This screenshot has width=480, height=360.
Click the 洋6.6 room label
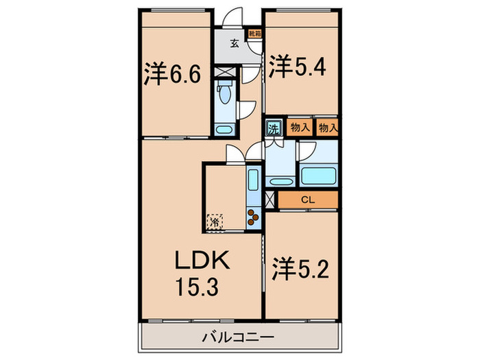click(x=172, y=74)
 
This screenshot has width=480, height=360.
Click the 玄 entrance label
click(x=235, y=44)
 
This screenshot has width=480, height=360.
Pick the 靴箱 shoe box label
click(x=254, y=32)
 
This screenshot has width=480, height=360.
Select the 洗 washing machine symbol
click(x=274, y=128)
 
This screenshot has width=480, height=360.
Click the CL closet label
click(x=308, y=200)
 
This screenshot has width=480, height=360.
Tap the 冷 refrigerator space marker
click(x=215, y=221)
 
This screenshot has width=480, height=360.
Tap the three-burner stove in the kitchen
click(x=253, y=215)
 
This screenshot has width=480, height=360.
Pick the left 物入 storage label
click(x=299, y=128)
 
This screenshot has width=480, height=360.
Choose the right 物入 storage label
click(x=328, y=128)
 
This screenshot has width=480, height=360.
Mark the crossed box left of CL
click(x=269, y=200)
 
